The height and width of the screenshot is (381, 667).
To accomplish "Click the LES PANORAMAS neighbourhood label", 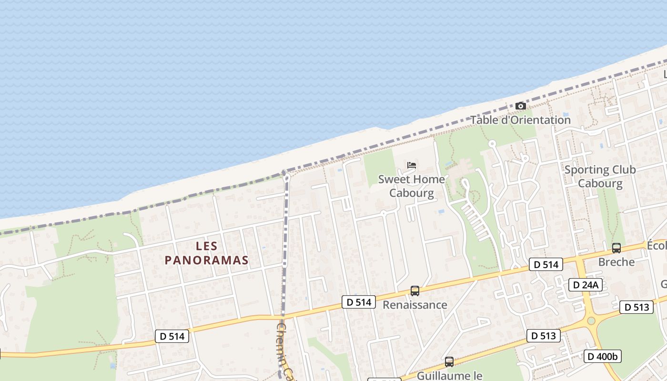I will (207, 253).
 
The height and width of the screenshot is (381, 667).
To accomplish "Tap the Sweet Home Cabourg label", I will (412, 186).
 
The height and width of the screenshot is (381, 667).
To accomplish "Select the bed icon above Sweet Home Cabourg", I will (412, 165).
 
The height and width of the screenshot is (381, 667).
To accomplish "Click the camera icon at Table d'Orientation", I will (521, 106).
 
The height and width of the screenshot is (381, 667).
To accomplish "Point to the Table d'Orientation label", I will (521, 120).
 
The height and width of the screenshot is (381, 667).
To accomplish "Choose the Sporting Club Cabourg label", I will (600, 177).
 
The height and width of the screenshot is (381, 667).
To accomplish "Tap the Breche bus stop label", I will (616, 262).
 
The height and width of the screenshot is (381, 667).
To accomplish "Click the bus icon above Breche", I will (616, 248).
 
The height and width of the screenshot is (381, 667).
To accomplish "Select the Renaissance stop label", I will (415, 305).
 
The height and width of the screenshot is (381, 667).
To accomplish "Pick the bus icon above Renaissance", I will (415, 291).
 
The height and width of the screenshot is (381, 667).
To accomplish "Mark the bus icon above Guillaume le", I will (449, 361).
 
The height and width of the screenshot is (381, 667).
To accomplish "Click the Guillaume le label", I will (449, 376).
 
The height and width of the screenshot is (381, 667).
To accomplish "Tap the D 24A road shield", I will (586, 285).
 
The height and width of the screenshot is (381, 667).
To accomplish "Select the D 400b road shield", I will (603, 356).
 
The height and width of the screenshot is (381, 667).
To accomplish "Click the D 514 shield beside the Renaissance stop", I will (359, 302).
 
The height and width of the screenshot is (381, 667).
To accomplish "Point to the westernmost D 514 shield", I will (172, 336).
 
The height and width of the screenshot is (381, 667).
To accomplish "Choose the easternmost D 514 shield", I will (546, 264).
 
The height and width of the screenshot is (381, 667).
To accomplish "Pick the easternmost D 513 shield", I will (636, 307).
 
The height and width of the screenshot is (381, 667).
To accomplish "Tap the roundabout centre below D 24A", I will (591, 321).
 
